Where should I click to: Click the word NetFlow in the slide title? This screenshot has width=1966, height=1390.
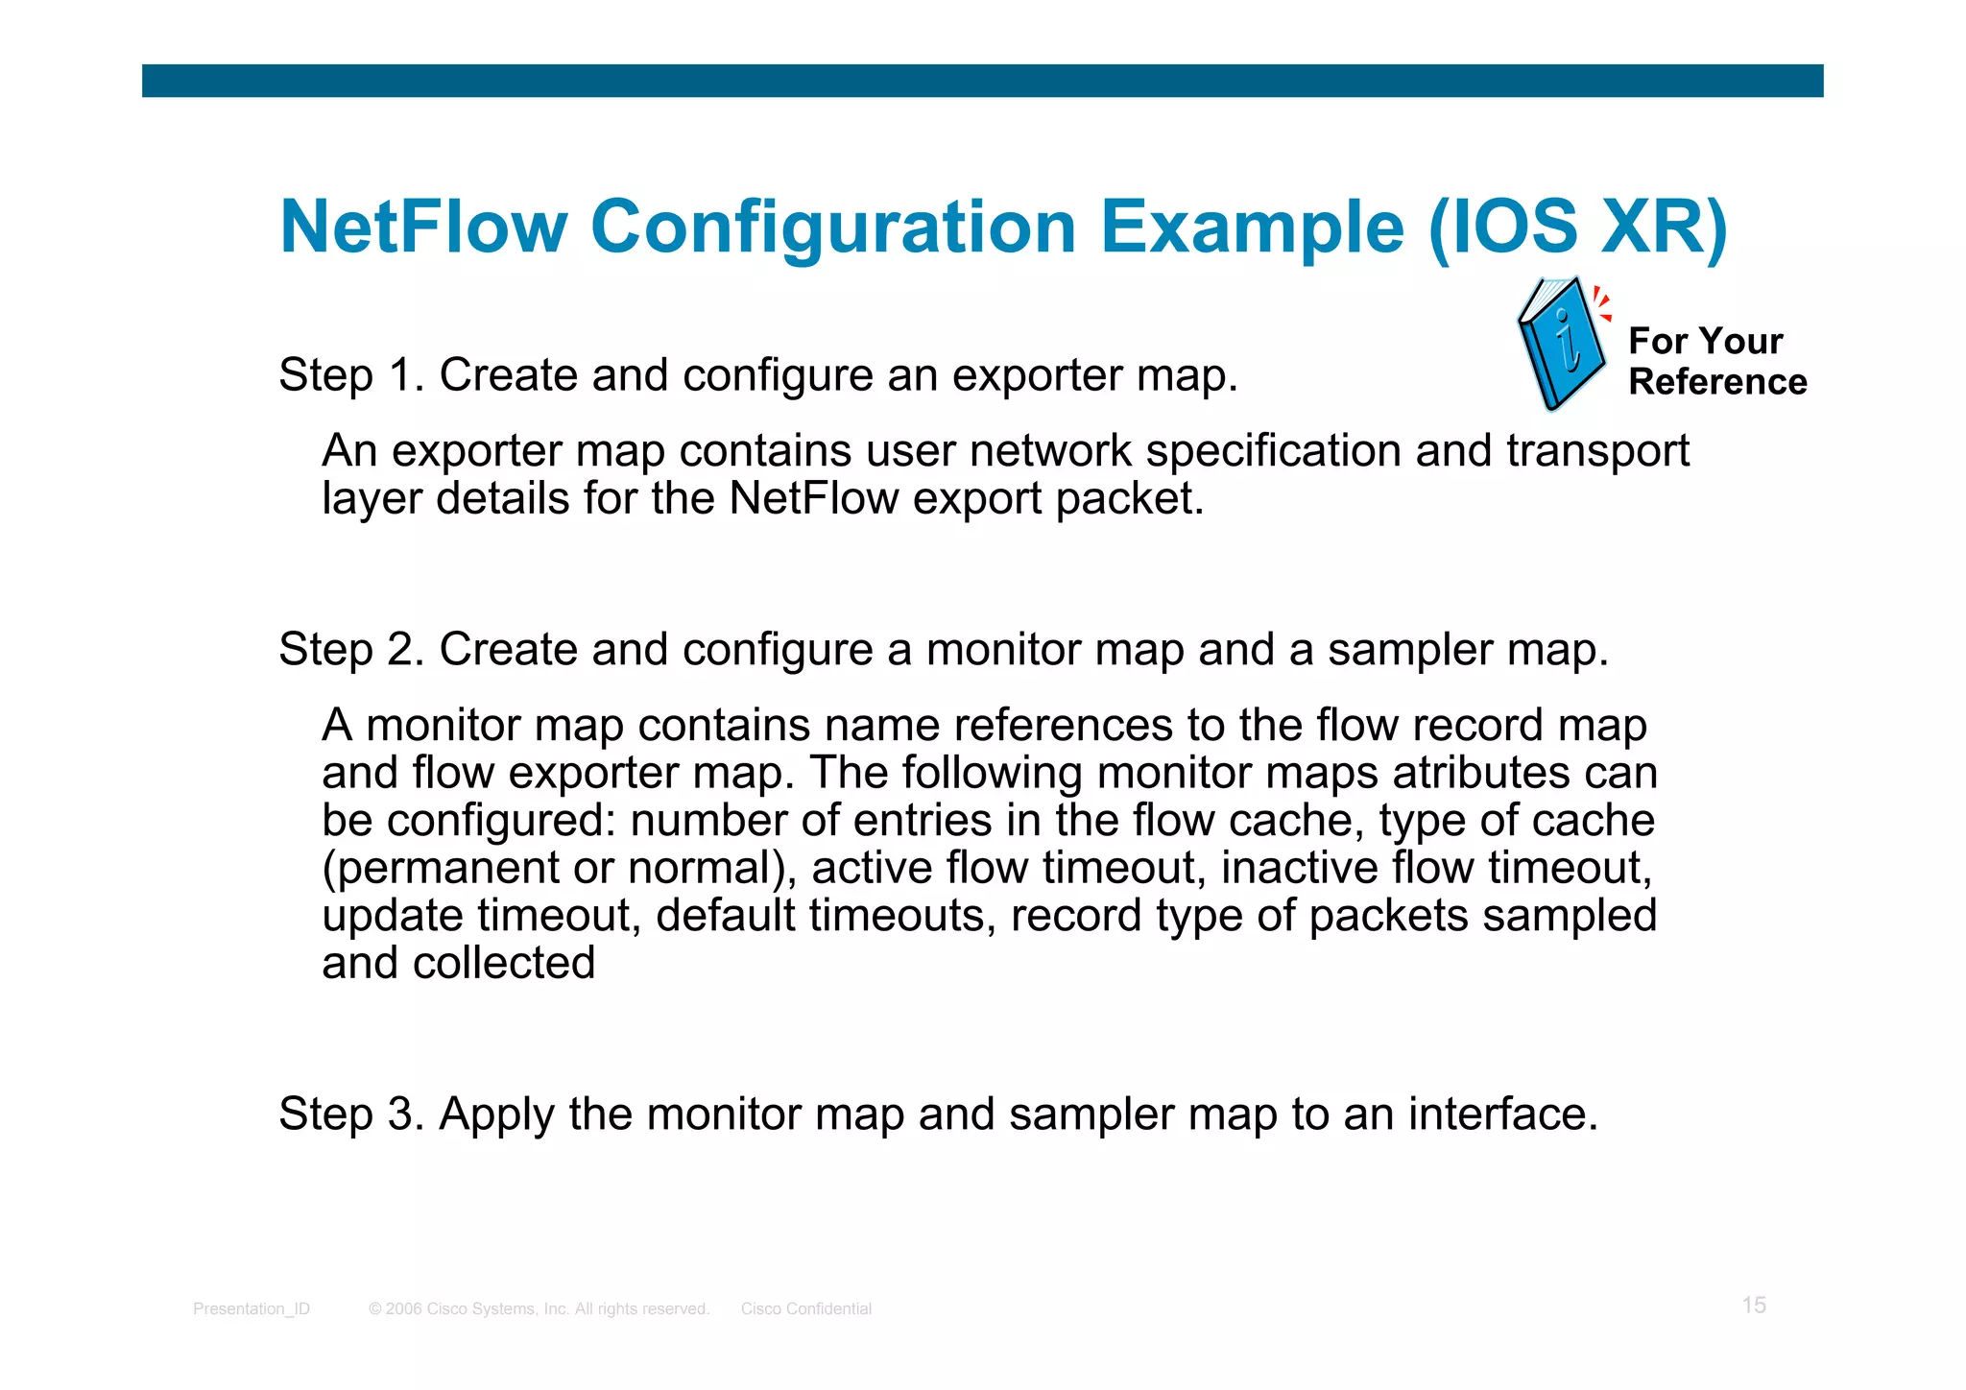[423, 227]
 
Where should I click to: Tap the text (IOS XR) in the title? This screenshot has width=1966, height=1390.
[1577, 227]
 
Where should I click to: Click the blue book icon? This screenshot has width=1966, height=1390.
[1561, 344]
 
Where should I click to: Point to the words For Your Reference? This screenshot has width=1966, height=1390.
[1716, 361]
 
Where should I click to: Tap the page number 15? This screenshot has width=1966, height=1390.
[1754, 1305]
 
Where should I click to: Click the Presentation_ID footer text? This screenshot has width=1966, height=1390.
[252, 1308]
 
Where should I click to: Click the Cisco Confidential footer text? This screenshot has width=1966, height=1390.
[806, 1308]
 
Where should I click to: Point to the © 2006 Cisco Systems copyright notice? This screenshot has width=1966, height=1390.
[539, 1308]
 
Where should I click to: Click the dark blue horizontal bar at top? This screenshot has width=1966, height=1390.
[982, 81]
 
